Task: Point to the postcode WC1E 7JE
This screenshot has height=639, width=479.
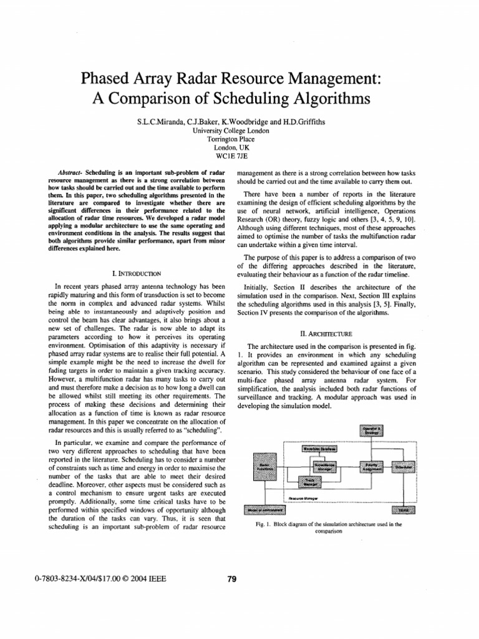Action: pyautogui.click(x=239, y=157)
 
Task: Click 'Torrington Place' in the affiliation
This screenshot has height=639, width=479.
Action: pyautogui.click(x=239, y=139)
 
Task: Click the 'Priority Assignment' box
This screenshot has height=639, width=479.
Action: pyautogui.click(x=372, y=467)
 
